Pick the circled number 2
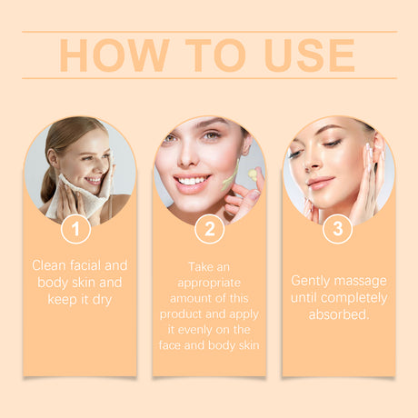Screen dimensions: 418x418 209,228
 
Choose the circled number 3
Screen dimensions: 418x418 338,228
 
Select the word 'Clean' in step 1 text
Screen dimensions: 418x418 50,265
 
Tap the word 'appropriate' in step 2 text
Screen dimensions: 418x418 209,282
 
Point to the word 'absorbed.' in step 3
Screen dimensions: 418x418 338,313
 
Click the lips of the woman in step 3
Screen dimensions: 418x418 320,183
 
